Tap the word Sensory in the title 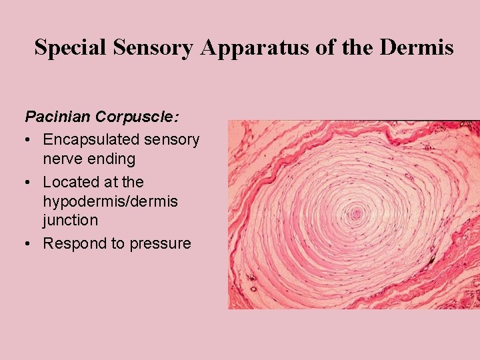(x=147, y=48)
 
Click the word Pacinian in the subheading (x=58, y=117)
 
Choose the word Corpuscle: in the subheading (x=137, y=117)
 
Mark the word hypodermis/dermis (x=110, y=201)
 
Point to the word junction (x=71, y=219)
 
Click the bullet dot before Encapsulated (x=29, y=140)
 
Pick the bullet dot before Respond (x=29, y=244)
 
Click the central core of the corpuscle (x=356, y=214)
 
